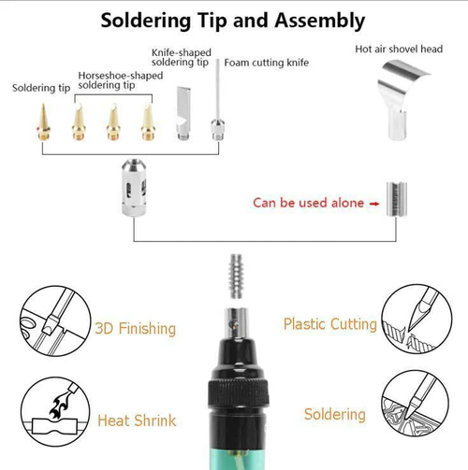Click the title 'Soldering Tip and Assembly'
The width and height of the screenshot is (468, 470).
[x=233, y=19]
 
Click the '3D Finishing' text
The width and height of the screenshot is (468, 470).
[x=135, y=328]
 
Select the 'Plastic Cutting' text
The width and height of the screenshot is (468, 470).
[x=329, y=324]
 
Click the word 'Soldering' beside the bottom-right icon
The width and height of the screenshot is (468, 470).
[x=334, y=414]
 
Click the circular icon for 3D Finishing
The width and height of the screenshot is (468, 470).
[x=47, y=320]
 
